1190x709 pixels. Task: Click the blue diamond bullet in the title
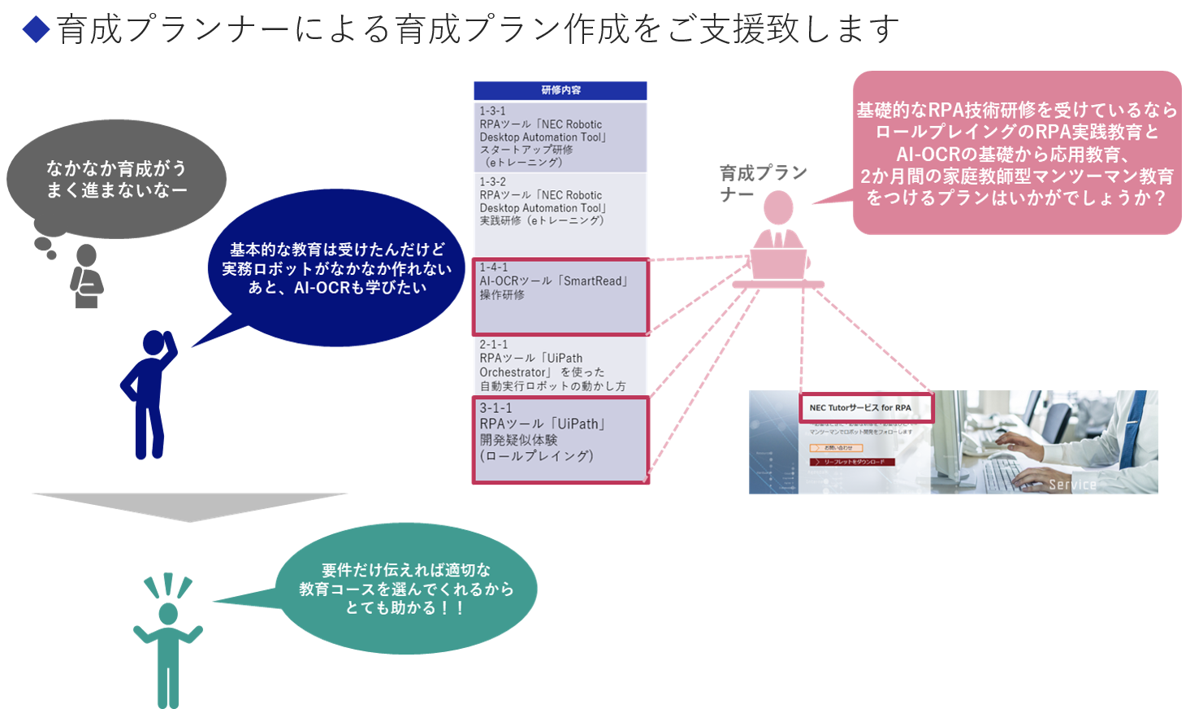(36, 30)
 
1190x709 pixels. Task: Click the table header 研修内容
(560, 90)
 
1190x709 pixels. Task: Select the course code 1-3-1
(492, 111)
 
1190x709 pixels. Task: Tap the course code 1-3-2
(492, 182)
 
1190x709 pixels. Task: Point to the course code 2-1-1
(493, 345)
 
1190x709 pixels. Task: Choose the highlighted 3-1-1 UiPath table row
(560, 439)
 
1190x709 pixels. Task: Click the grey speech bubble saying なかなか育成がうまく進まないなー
(116, 180)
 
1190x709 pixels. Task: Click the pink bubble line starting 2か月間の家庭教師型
(1016, 176)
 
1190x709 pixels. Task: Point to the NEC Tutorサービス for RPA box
(866, 407)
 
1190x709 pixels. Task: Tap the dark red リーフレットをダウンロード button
(852, 462)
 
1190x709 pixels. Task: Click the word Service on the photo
(1072, 485)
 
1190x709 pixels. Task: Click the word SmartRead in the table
(595, 281)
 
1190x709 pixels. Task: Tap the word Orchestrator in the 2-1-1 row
(513, 372)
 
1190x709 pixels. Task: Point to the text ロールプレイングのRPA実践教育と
(1016, 132)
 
